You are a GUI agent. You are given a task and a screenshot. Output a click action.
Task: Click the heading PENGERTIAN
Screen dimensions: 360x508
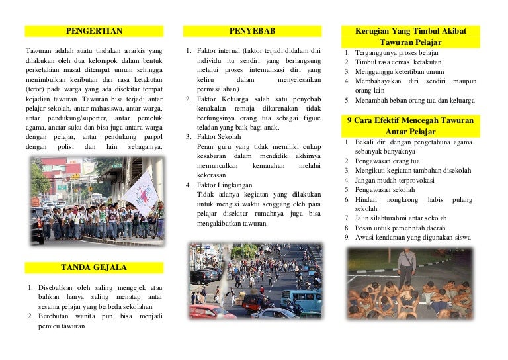pyautogui.click(x=94, y=31)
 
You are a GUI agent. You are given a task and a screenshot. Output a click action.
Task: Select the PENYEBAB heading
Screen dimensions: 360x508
pyautogui.click(x=253, y=31)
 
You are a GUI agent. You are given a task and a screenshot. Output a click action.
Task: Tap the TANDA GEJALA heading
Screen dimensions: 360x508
pyautogui.click(x=94, y=267)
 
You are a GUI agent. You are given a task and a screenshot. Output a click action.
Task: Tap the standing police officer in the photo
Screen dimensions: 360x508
pyautogui.click(x=406, y=265)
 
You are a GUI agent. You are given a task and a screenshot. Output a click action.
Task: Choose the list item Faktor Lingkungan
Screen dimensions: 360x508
pyautogui.click(x=225, y=185)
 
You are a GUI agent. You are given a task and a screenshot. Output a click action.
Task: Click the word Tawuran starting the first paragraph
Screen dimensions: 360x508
pyautogui.click(x=38, y=50)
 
